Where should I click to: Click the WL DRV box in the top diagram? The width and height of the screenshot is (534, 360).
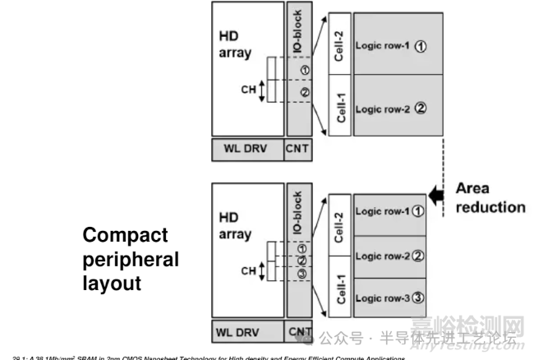(246, 150)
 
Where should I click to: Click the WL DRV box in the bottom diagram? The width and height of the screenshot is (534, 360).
(246, 333)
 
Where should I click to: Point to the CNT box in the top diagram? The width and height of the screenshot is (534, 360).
(297, 150)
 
